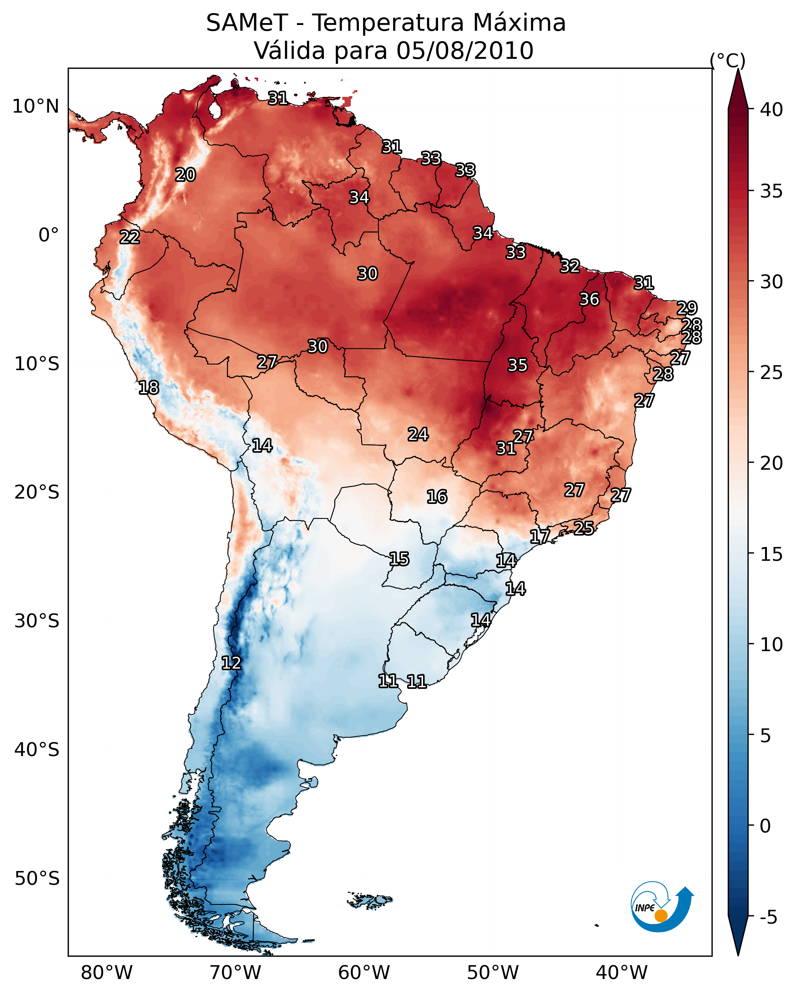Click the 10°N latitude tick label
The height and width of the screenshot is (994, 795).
pyautogui.click(x=35, y=106)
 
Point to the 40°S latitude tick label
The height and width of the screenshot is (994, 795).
pyautogui.click(x=37, y=750)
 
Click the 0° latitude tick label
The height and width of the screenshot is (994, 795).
pyautogui.click(x=48, y=235)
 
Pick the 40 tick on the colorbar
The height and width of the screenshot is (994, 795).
pyautogui.click(x=772, y=110)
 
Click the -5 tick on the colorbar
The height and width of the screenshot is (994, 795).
pyautogui.click(x=768, y=918)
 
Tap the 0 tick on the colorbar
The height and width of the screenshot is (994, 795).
pyautogui.click(x=765, y=826)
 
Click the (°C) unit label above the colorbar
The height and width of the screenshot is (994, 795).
pyautogui.click(x=727, y=60)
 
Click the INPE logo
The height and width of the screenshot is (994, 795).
pyautogui.click(x=661, y=906)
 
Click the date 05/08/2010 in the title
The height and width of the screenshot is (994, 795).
pyautogui.click(x=465, y=51)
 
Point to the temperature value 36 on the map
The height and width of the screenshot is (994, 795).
pyautogui.click(x=589, y=299)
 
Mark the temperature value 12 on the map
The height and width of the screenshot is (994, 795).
pyautogui.click(x=231, y=663)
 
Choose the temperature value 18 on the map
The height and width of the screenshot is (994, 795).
pyautogui.click(x=148, y=388)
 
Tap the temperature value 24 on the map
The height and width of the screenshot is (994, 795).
pyautogui.click(x=418, y=434)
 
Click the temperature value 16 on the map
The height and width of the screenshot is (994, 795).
pyautogui.click(x=437, y=497)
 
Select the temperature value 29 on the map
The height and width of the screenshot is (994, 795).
pyautogui.click(x=687, y=308)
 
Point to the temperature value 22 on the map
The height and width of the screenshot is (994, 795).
pyautogui.click(x=130, y=238)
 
